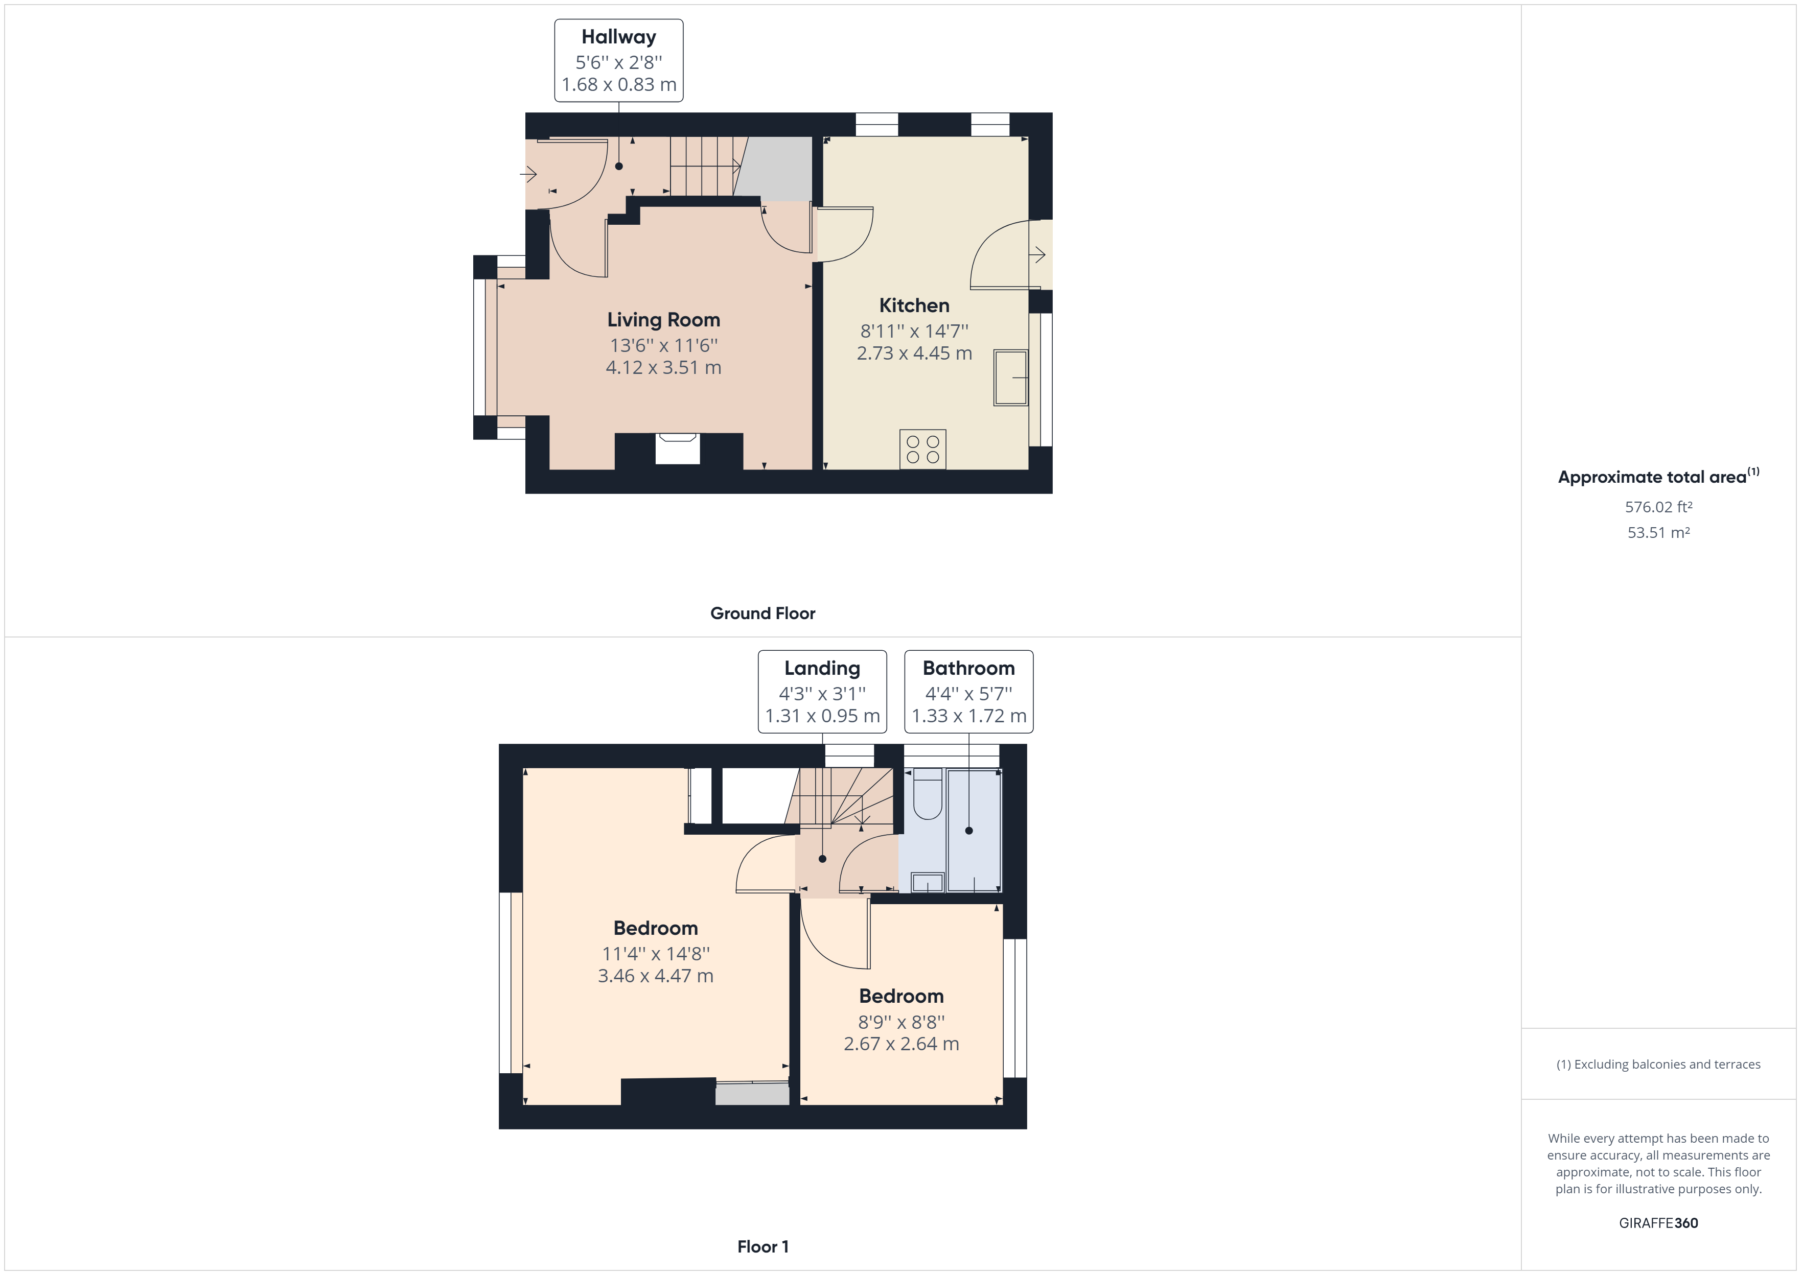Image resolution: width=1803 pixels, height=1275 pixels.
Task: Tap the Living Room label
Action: (x=663, y=320)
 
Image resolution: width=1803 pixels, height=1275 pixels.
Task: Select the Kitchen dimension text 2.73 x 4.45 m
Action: (x=914, y=353)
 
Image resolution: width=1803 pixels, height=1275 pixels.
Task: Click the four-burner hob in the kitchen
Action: (x=922, y=449)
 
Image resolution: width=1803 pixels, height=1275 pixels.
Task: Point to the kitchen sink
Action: (x=1011, y=377)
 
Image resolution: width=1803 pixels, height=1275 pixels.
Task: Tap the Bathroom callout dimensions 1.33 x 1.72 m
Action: (x=968, y=716)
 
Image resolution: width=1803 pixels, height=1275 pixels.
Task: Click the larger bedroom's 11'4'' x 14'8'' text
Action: (x=655, y=953)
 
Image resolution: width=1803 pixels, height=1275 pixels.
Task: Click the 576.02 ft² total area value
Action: (x=1658, y=507)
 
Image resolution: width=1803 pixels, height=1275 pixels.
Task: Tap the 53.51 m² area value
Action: (x=1658, y=532)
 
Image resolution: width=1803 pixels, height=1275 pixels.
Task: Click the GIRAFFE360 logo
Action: (x=1658, y=1222)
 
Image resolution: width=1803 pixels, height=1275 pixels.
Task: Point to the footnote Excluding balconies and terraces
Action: (x=1658, y=1065)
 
